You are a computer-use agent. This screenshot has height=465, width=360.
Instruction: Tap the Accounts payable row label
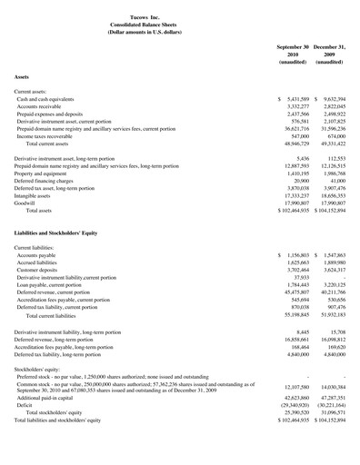[35, 257]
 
